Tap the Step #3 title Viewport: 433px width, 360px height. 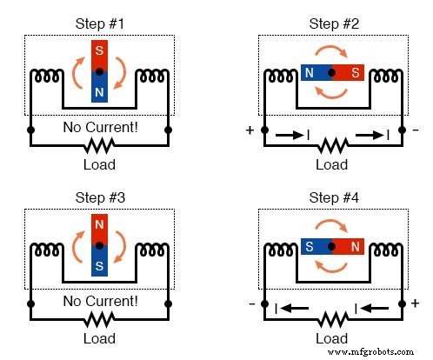(100, 197)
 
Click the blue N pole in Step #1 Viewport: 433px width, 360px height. (100, 88)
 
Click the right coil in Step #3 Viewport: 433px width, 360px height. (154, 252)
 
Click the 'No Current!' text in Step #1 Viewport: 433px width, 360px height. (100, 129)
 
